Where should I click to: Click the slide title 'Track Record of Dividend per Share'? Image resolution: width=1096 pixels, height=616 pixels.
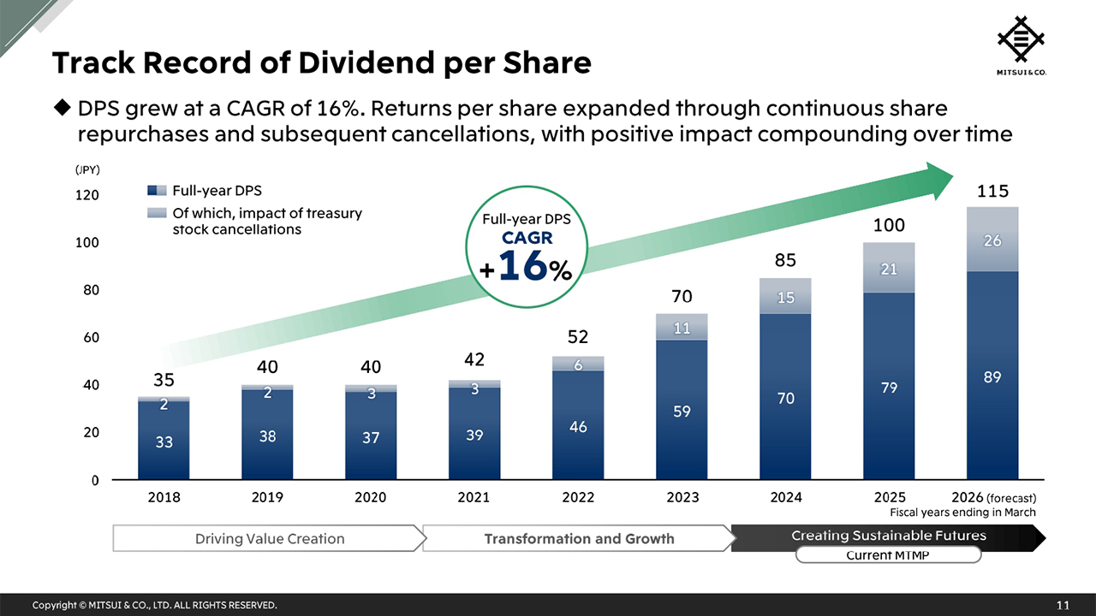click(321, 63)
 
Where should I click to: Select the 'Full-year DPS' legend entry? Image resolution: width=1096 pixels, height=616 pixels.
click(217, 190)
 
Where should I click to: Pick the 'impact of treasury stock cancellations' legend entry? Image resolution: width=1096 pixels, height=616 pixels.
click(266, 221)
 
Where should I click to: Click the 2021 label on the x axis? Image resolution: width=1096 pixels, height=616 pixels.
click(474, 497)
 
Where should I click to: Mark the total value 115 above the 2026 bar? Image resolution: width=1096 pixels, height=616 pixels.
click(992, 191)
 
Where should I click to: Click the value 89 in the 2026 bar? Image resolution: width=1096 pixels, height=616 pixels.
click(992, 376)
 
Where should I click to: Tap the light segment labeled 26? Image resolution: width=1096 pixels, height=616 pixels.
click(992, 240)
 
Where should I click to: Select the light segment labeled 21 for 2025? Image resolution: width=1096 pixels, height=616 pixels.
click(889, 269)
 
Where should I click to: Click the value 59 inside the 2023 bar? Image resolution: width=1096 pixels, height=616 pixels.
click(682, 412)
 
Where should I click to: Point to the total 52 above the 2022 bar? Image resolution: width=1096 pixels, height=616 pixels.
click(578, 336)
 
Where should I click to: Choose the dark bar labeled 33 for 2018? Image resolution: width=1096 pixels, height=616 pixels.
click(164, 442)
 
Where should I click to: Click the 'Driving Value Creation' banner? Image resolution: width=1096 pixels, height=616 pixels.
click(269, 538)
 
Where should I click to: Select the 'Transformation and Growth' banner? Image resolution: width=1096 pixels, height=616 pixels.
click(579, 538)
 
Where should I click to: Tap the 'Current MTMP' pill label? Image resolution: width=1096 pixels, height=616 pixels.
click(888, 555)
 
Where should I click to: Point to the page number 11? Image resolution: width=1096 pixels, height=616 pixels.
click(1063, 606)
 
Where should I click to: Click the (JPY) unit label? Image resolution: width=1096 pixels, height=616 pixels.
click(88, 169)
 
